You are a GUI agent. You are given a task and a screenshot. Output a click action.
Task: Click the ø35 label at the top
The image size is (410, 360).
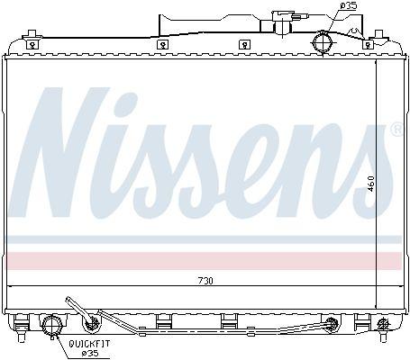pyautogui.click(x=349, y=5)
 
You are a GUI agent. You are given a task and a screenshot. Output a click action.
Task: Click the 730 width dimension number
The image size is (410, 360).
pyautogui.click(x=205, y=281)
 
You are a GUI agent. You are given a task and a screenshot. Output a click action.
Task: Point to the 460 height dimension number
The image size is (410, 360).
pyautogui.click(x=371, y=184)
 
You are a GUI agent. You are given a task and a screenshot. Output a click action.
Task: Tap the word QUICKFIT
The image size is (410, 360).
pyautogui.click(x=89, y=344)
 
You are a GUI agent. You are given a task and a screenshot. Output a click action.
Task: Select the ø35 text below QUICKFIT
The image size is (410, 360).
pyautogui.click(x=90, y=353)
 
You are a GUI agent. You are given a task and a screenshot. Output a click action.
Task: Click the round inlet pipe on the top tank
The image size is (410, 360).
pyautogui.click(x=323, y=43)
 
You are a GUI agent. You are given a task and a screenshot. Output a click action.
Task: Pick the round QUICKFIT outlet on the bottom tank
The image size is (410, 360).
pyautogui.click(x=52, y=326)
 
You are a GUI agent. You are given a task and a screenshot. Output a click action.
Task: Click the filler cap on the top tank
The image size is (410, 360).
pyautogui.click(x=283, y=22)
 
